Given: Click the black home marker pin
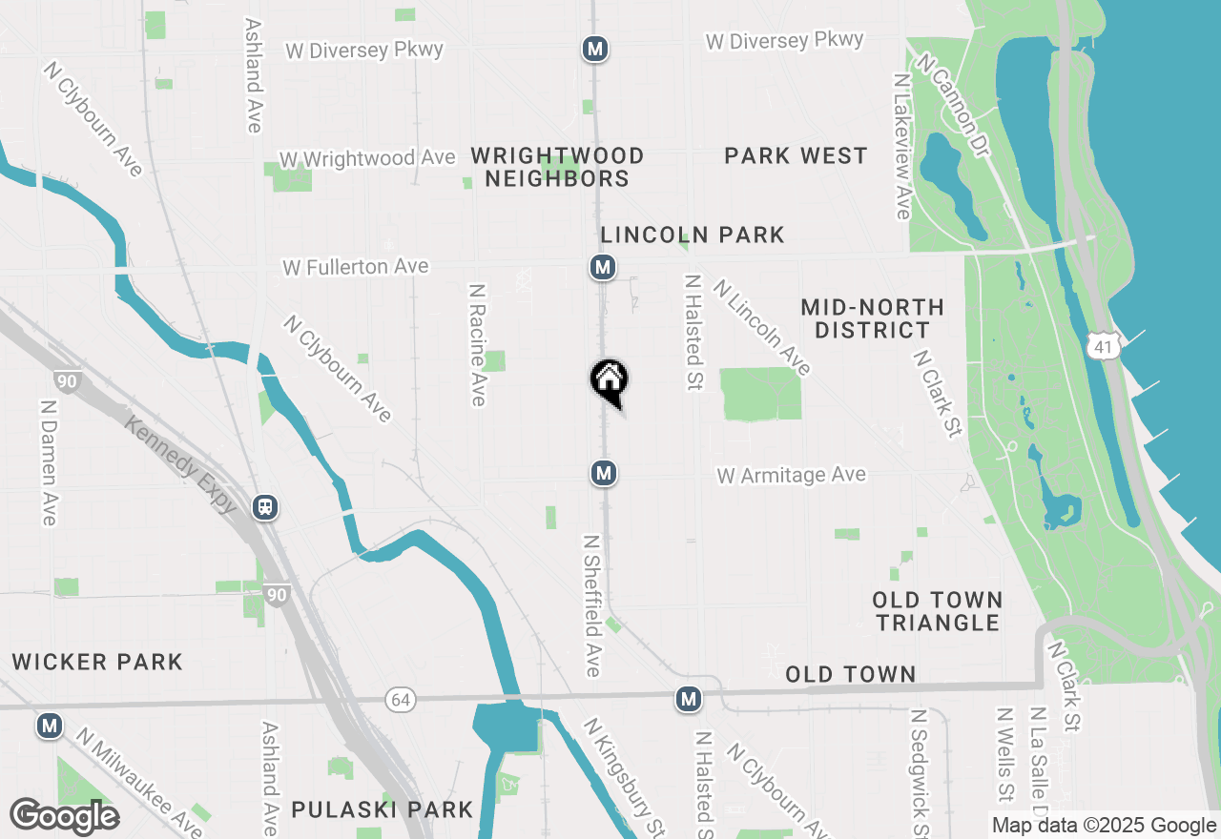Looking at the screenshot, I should [610, 381].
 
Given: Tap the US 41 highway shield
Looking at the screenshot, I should [1104, 346].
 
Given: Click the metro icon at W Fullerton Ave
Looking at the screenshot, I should [602, 267].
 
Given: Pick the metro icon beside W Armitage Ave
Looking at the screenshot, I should [603, 472].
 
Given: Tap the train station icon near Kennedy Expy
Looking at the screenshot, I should [265, 507].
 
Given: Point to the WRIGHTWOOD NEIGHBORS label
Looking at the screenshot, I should [557, 167].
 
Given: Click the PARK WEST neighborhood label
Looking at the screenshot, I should [796, 155].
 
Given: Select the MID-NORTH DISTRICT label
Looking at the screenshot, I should [872, 318].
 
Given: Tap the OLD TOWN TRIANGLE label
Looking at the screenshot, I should [938, 611].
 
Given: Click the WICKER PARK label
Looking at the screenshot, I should [97, 662].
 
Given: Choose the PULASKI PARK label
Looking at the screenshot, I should [382, 810].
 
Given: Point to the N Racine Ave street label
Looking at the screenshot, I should [478, 344].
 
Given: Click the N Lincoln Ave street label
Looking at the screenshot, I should [762, 327].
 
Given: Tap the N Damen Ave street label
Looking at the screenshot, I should [49, 461].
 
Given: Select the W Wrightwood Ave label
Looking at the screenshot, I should [367, 157].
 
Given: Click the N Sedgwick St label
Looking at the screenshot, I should [919, 772].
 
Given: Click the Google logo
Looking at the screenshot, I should [64, 817].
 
